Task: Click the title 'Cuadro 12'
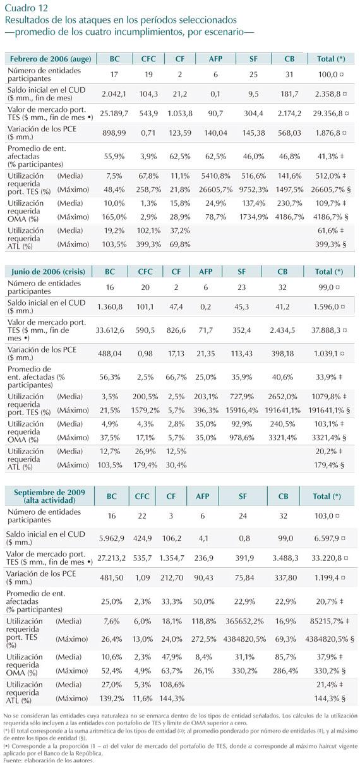pos(27,8)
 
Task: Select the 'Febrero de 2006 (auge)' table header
pos(51,59)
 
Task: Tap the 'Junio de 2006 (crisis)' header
pos(48,272)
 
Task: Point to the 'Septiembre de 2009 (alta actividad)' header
pos(49,496)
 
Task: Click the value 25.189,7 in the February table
pos(114,114)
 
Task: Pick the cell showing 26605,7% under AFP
pos(215,189)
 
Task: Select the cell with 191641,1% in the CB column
pos(282,410)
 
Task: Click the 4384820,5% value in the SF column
pos(244,639)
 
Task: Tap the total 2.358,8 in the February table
pos(327,94)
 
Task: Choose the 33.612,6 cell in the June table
pos(110,330)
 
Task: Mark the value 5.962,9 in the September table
pos(111,538)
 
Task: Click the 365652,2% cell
pos(244,621)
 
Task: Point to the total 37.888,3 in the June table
pos(326,330)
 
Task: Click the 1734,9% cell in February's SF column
pos(253,217)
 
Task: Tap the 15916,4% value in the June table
pos(242,410)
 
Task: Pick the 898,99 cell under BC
pos(114,133)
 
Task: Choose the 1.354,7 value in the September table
pos(171,558)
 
